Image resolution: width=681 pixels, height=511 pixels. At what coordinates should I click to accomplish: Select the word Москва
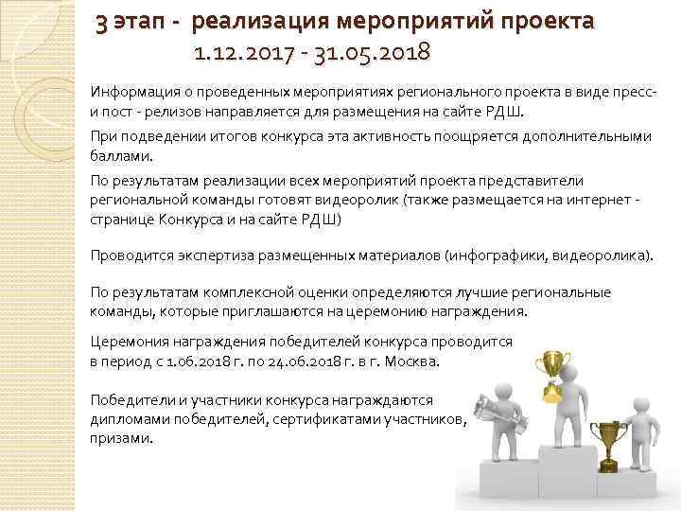tap(413, 361)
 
